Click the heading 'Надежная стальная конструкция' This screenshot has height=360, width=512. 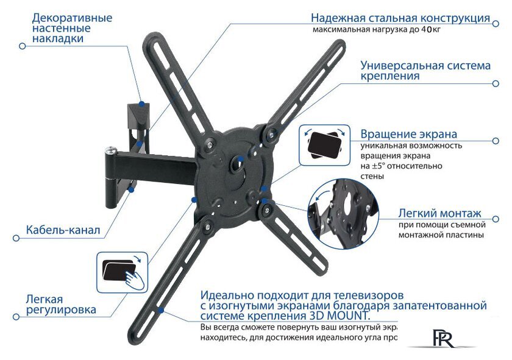[x=400, y=18]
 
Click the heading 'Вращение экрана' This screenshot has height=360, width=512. [x=408, y=134]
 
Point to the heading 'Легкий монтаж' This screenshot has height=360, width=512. [x=439, y=213]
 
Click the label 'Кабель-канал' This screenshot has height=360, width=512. [x=63, y=231]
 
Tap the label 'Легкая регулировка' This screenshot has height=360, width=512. [x=60, y=305]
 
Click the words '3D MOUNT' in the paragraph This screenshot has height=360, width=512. [x=341, y=316]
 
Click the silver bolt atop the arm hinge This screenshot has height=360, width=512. [x=110, y=148]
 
